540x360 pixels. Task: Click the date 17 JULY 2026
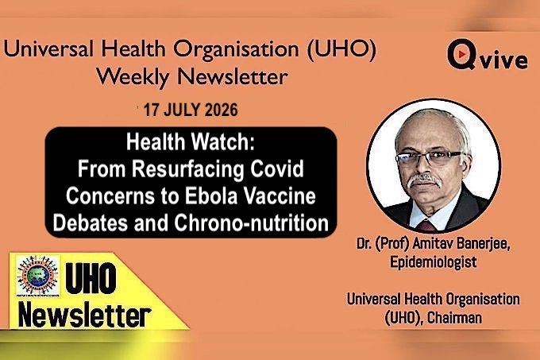pyautogui.click(x=191, y=110)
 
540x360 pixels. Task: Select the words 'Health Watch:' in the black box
pyautogui.click(x=191, y=142)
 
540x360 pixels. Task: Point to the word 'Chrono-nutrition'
pyautogui.click(x=252, y=223)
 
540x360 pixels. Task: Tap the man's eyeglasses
pyautogui.click(x=430, y=158)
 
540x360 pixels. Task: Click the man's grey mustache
pyautogui.click(x=424, y=180)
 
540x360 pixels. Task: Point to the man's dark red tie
pyautogui.click(x=427, y=226)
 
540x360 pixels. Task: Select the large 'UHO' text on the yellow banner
pyautogui.click(x=91, y=278)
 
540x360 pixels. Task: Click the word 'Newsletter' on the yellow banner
pyautogui.click(x=84, y=315)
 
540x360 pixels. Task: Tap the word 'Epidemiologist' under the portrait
pyautogui.click(x=434, y=261)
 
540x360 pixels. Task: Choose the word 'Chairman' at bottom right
pyautogui.click(x=454, y=318)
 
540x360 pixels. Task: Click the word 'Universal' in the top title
pyautogui.click(x=48, y=48)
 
